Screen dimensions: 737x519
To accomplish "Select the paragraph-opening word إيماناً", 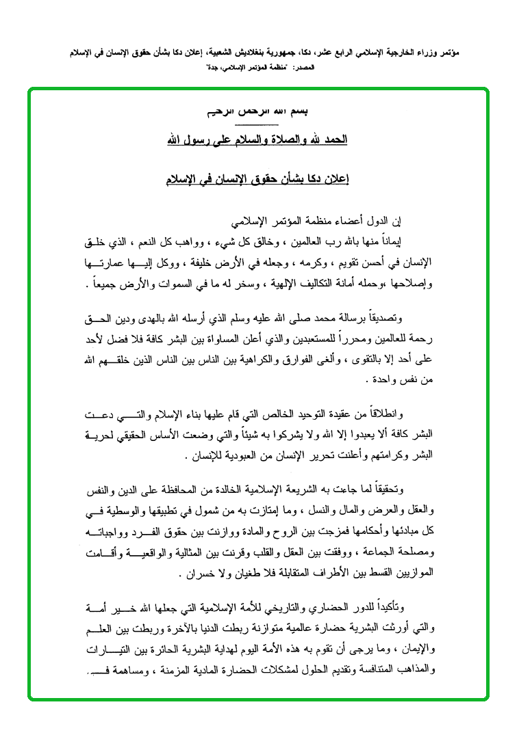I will click(391, 239).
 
